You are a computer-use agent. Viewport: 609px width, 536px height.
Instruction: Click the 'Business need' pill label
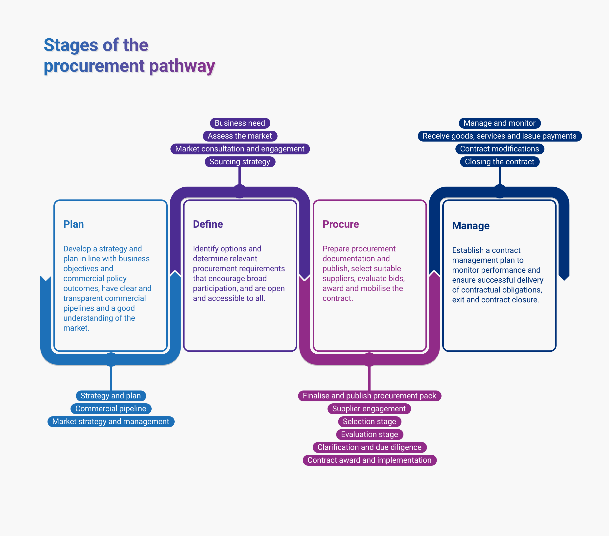(240, 123)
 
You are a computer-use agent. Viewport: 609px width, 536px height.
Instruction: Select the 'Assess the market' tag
(240, 136)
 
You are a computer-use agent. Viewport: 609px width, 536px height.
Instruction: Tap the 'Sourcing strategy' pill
(240, 162)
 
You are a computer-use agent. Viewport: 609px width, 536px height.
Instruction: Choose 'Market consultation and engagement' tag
(240, 149)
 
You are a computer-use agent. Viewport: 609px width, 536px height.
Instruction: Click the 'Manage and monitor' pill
(499, 123)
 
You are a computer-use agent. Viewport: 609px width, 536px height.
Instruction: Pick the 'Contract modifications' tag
(499, 149)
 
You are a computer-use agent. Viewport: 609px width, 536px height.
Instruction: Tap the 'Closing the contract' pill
(499, 162)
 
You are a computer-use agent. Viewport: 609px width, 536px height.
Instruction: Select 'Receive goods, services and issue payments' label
(499, 136)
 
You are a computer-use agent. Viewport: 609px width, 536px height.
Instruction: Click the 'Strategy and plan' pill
(111, 396)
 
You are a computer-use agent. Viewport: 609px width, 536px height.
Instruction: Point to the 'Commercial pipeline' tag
(111, 408)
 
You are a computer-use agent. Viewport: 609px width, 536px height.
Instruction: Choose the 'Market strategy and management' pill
(111, 421)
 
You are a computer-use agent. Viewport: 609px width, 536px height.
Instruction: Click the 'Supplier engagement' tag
(369, 408)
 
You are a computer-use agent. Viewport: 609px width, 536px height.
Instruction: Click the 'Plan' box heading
(74, 224)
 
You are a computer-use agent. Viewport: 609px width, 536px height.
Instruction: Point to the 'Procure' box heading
(341, 224)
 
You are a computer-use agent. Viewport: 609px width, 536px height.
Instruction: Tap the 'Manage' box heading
(471, 226)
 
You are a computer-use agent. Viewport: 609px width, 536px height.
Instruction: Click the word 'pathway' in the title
(182, 66)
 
